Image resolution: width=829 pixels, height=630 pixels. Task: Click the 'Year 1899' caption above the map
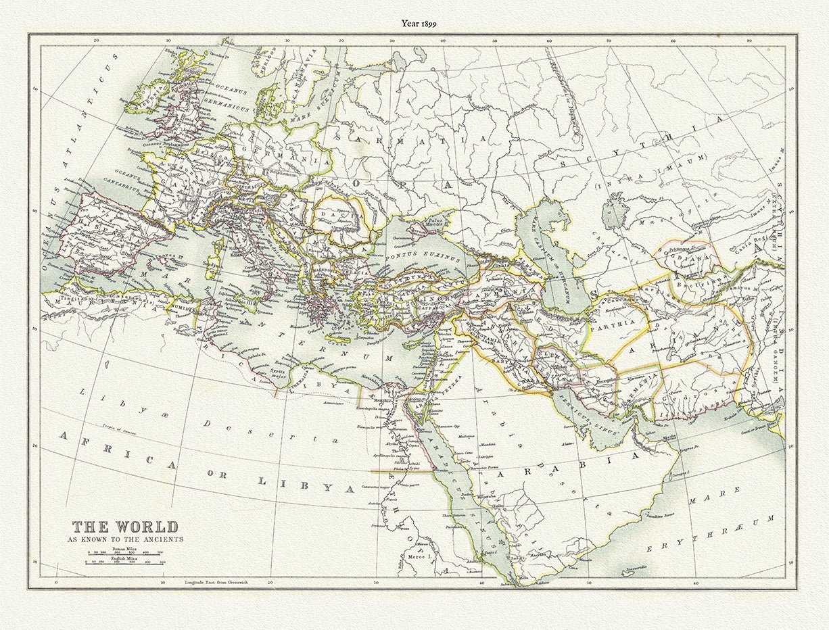[x=419, y=23]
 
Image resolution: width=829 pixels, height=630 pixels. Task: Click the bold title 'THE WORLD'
[x=126, y=527]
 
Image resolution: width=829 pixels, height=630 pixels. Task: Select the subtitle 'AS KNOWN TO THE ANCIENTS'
[x=125, y=539]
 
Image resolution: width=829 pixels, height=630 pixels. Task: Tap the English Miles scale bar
[x=126, y=563]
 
